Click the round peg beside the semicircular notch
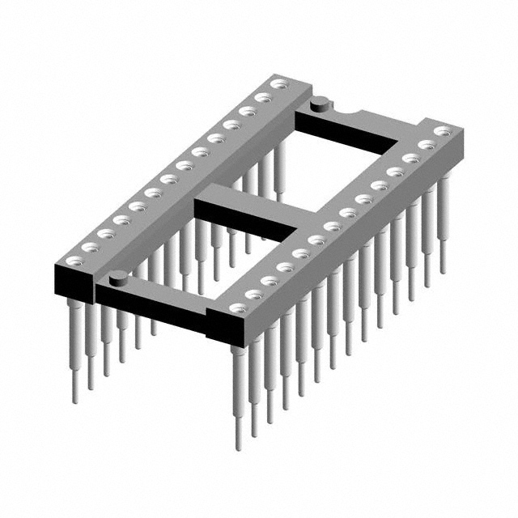(x=320, y=102)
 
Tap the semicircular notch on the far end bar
(x=345, y=112)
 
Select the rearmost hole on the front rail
(x=441, y=130)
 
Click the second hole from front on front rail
(x=253, y=294)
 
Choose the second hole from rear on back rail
(x=263, y=97)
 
